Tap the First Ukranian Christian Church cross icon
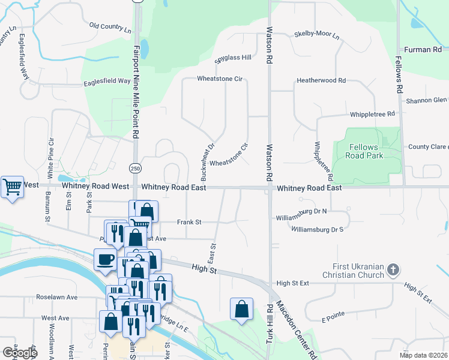pyautogui.click(x=393, y=269)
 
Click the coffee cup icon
pyautogui.click(x=106, y=260)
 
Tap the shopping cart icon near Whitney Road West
pyautogui.click(x=12, y=187)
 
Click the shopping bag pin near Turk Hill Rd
pyautogui.click(x=241, y=309)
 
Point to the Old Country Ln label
pyautogui.click(x=110, y=27)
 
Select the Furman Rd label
pyautogui.click(x=423, y=50)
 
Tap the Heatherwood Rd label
pyautogui.click(x=322, y=80)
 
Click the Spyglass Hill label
pyautogui.click(x=234, y=58)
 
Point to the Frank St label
pyautogui.click(x=188, y=222)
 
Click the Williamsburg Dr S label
pyautogui.click(x=317, y=229)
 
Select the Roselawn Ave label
pyautogui.click(x=57, y=297)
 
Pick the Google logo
pyautogui.click(x=19, y=353)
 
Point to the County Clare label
pyautogui.click(x=428, y=147)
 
